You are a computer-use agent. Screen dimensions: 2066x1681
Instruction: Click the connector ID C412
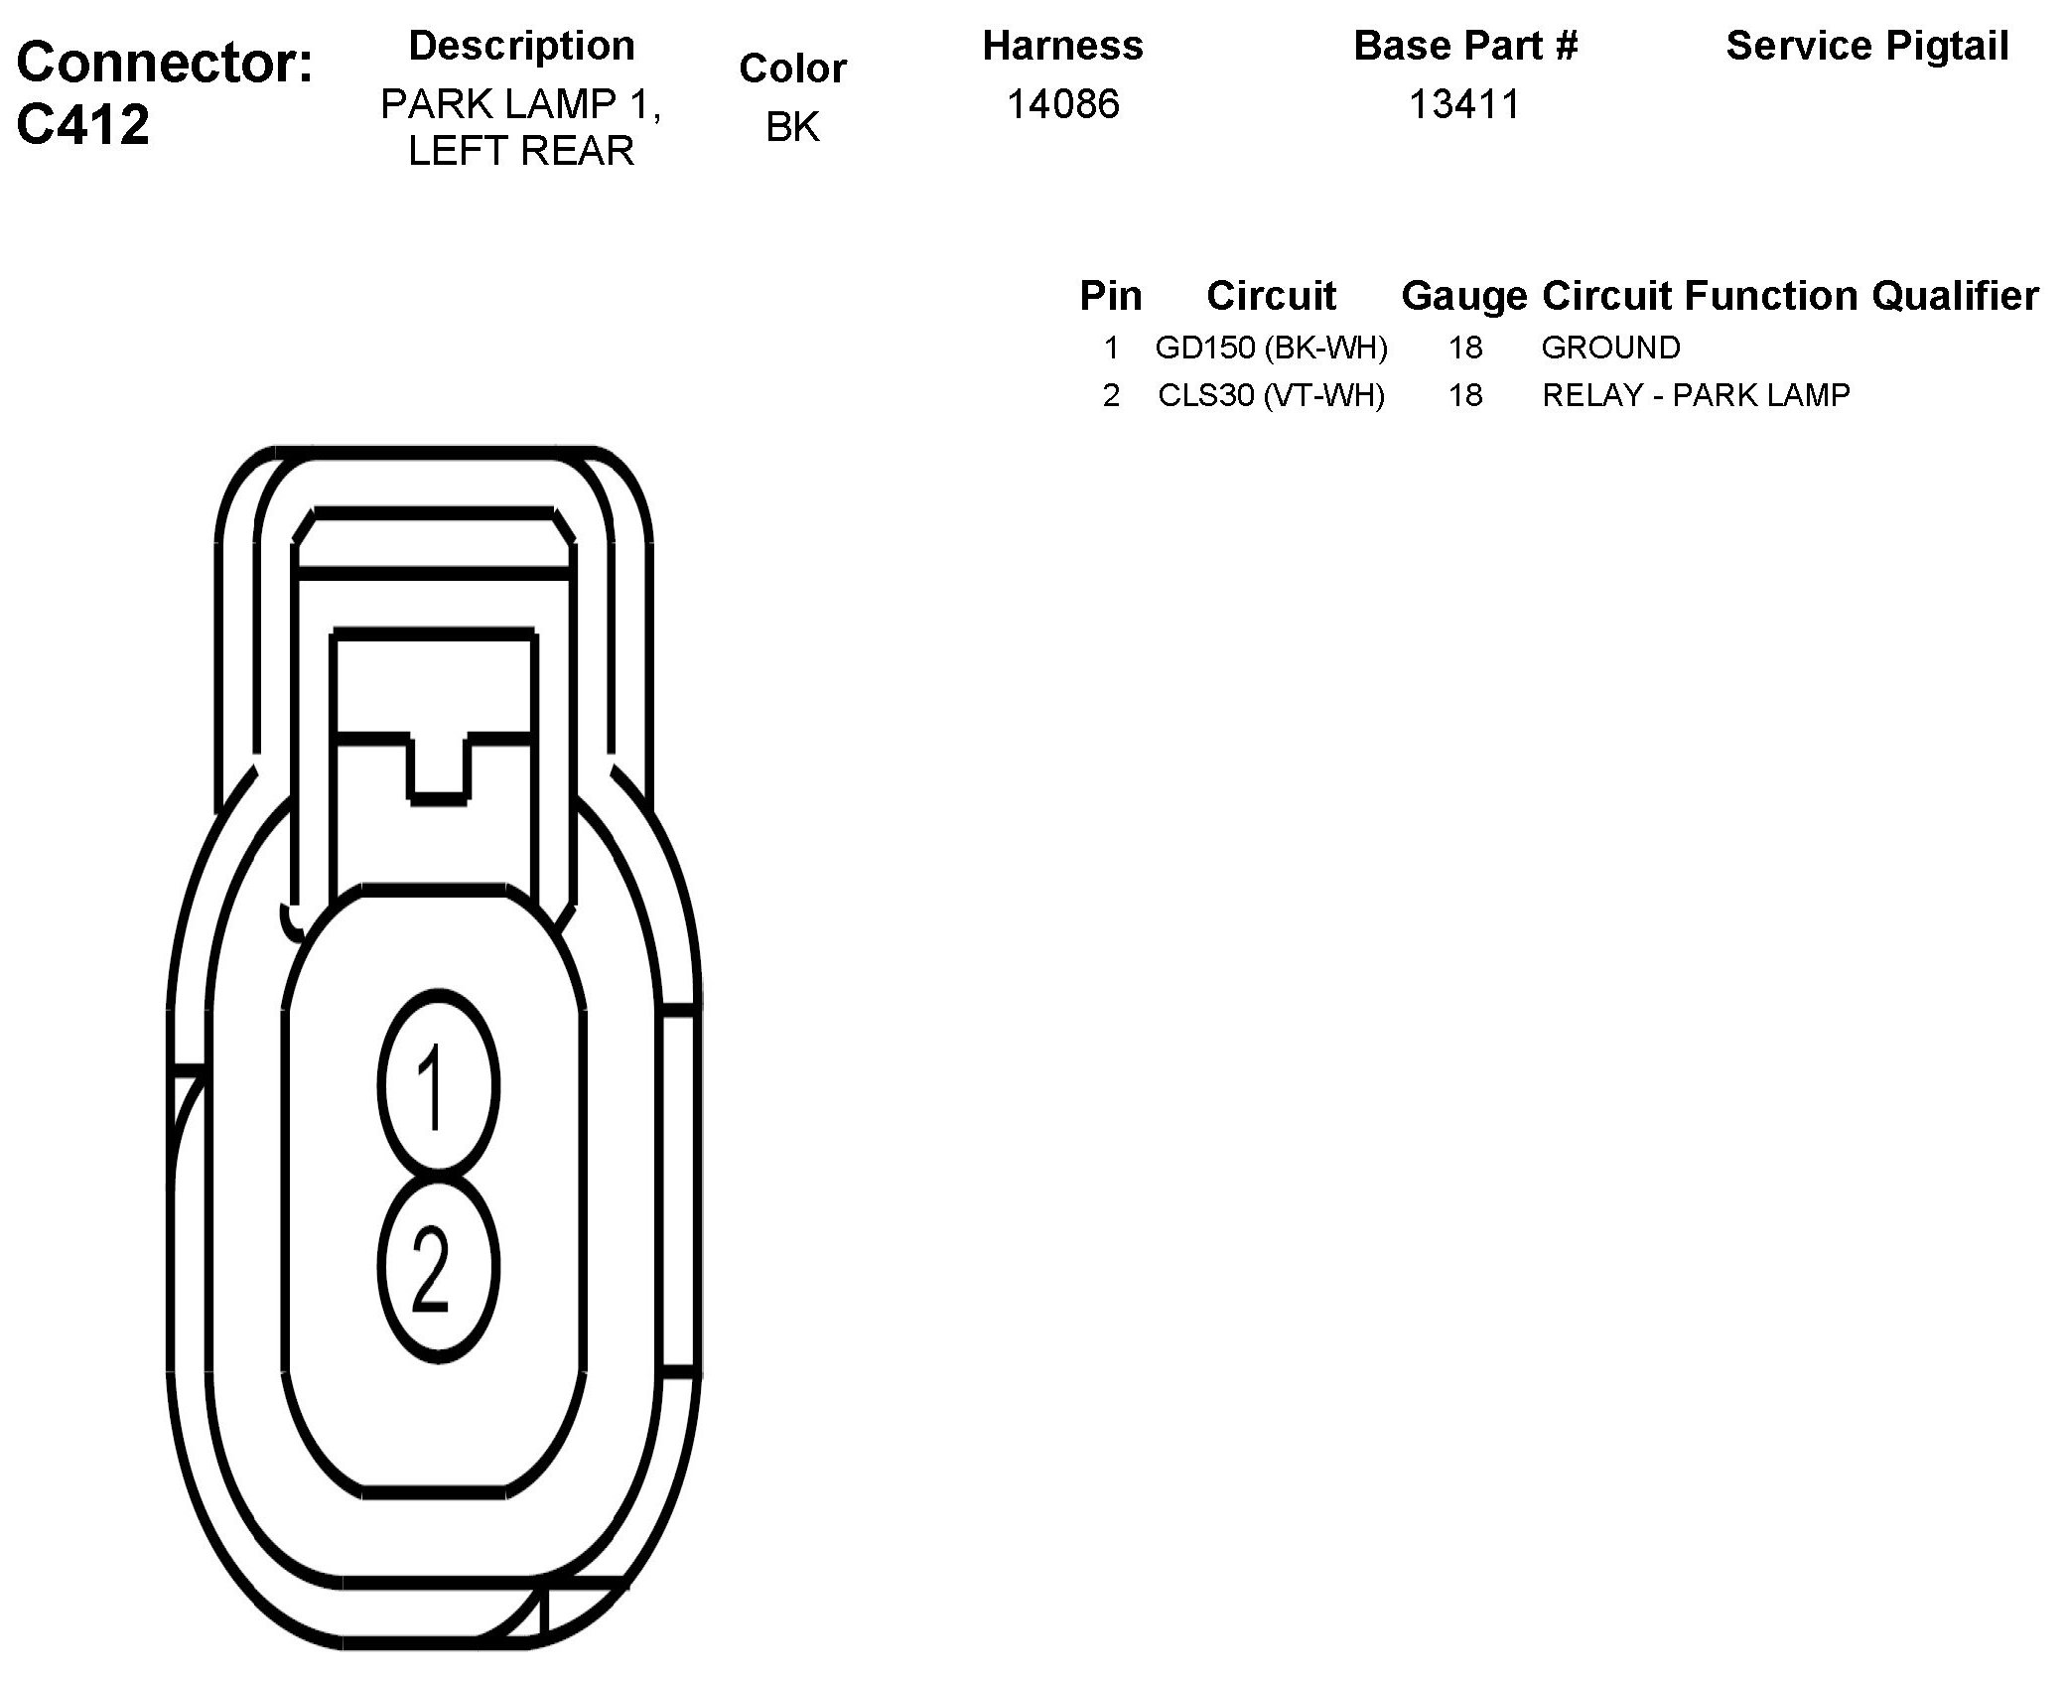[83, 124]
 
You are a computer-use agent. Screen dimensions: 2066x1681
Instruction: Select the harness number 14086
[1063, 104]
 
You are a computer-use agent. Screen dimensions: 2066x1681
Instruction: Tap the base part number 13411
[1464, 104]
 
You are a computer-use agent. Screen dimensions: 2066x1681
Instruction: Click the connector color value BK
[792, 126]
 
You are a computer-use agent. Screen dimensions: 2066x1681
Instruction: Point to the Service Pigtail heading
[1866, 46]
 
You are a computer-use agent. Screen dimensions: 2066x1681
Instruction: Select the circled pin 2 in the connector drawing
[437, 1268]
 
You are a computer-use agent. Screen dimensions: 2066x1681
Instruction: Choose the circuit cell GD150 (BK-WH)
[1271, 348]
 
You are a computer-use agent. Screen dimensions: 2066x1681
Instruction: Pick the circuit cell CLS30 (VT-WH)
[1271, 395]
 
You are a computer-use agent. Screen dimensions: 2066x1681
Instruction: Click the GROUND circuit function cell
[1610, 348]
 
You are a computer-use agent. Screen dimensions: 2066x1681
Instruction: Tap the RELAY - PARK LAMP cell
[1696, 395]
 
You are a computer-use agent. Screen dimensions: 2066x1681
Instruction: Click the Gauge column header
[1463, 296]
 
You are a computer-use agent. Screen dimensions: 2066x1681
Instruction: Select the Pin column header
[1111, 296]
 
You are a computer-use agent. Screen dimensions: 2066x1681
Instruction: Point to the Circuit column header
[1271, 296]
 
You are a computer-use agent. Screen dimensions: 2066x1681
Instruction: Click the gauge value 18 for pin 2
[1464, 395]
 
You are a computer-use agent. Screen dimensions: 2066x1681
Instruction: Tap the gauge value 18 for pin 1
[1464, 348]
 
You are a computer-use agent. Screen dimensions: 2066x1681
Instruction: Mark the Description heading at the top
[521, 46]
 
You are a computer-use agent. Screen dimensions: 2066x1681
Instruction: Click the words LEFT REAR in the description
[521, 151]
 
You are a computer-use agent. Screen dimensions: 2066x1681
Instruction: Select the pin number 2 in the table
[1111, 395]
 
